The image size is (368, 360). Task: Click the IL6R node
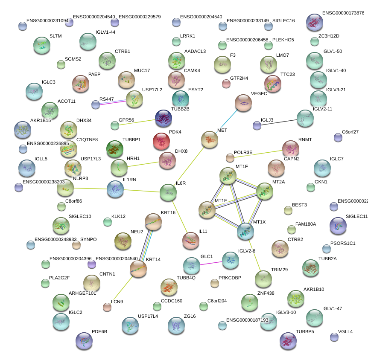point(168,193)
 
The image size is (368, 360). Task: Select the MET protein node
point(210,139)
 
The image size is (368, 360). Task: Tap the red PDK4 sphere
point(162,142)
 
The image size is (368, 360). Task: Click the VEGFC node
point(243,103)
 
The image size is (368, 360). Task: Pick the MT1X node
point(245,231)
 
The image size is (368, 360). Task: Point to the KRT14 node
point(138,269)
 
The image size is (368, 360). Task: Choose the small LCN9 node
point(107,307)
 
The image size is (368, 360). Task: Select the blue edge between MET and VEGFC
point(226,122)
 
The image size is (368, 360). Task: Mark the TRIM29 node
point(263,279)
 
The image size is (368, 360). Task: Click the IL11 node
point(190,241)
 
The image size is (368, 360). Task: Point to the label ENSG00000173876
point(343,13)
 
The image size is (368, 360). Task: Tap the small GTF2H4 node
point(226,84)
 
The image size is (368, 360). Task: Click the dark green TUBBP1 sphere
point(114,149)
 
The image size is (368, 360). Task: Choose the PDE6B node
point(84,340)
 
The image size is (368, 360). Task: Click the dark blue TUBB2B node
point(164,118)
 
